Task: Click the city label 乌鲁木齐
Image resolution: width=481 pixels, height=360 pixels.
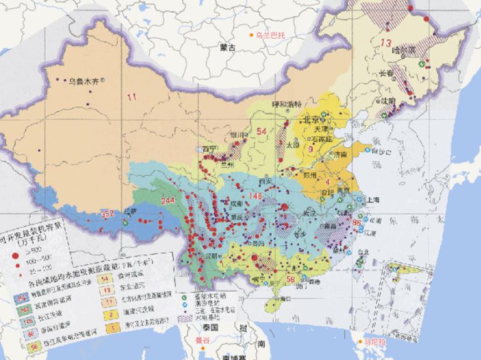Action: tap(84, 80)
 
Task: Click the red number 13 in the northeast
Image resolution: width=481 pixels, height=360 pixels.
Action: tap(386, 43)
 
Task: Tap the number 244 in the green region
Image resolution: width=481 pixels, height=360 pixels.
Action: tap(168, 201)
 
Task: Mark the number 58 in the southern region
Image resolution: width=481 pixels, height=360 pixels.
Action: tap(290, 279)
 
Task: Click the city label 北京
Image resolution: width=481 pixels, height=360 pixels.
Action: tap(311, 120)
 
